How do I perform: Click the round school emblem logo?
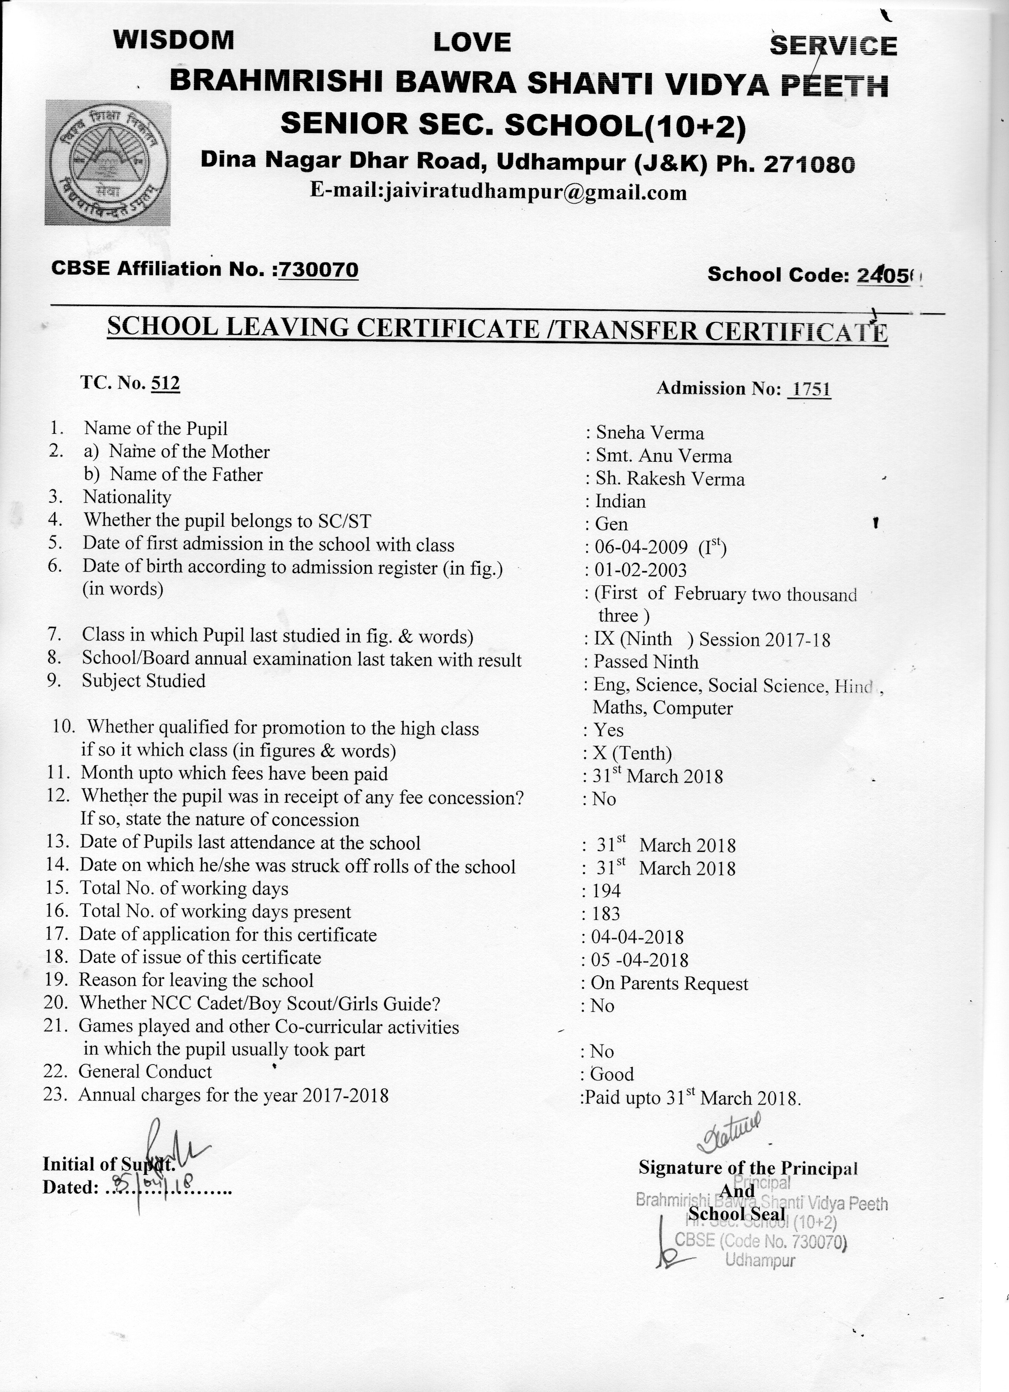108,162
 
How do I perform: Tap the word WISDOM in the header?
174,41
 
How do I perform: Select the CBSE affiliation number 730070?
318,269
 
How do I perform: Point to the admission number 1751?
811,389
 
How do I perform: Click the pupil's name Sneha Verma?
649,433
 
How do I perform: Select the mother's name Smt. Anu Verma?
664,457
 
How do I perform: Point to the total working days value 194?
606,891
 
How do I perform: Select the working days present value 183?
606,914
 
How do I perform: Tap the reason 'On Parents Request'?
669,984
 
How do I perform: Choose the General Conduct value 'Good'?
612,1075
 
